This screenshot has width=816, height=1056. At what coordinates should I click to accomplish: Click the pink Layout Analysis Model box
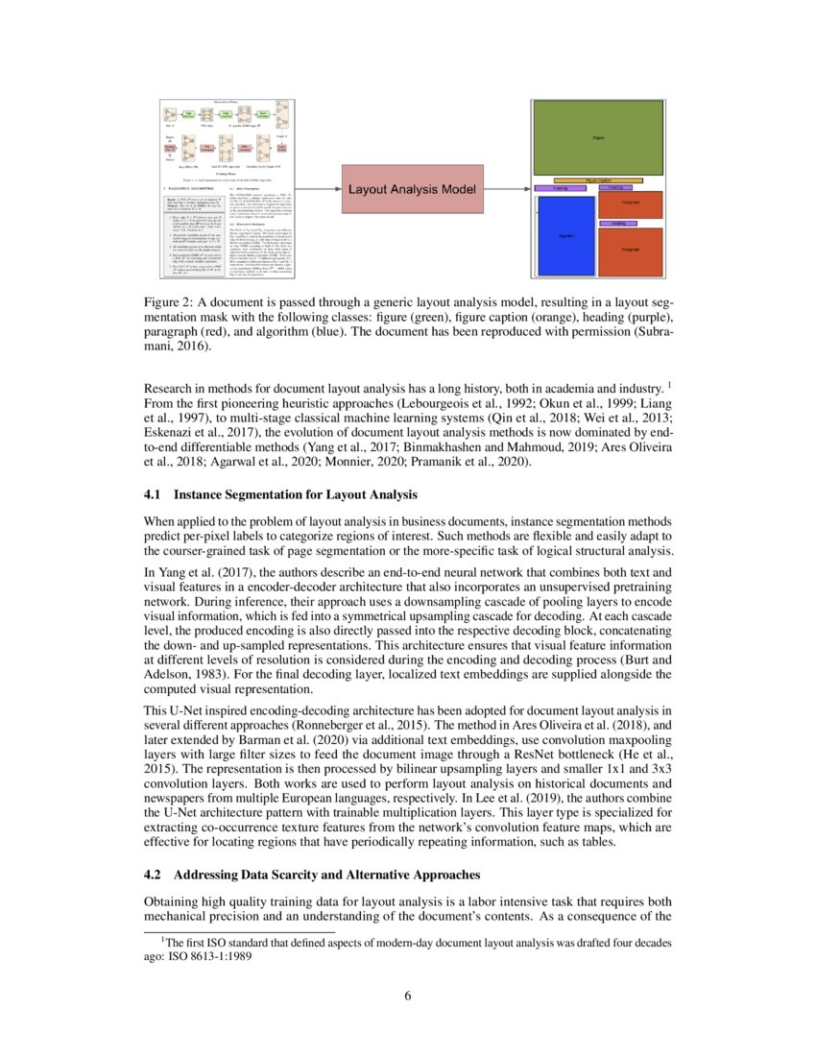(x=412, y=189)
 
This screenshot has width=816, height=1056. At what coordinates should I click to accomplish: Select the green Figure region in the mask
(x=597, y=138)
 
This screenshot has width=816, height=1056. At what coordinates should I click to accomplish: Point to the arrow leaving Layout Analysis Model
(x=506, y=189)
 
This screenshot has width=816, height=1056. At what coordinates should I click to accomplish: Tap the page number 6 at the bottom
(x=408, y=996)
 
